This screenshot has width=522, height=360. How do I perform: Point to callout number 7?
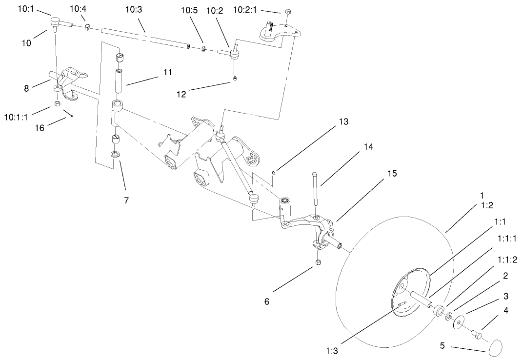pyautogui.click(x=126, y=200)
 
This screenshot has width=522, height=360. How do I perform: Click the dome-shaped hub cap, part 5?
pyautogui.click(x=495, y=347)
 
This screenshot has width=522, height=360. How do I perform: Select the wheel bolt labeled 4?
pyautogui.click(x=477, y=335)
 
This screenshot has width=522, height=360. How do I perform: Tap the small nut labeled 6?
pyautogui.click(x=318, y=262)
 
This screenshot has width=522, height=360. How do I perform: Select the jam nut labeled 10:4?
pyautogui.click(x=87, y=27)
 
